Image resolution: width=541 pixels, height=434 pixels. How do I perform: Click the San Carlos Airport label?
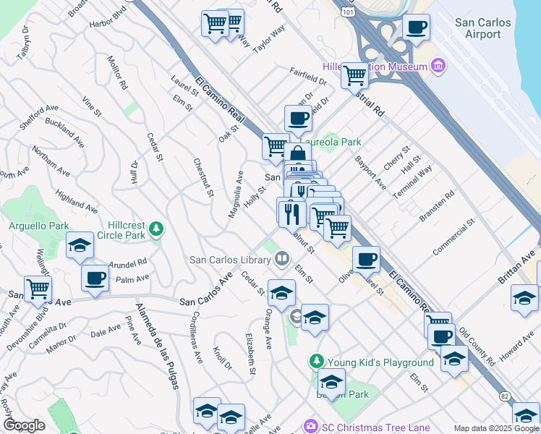click(x=482, y=28)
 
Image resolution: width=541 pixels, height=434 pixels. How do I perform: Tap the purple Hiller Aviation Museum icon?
click(x=438, y=67)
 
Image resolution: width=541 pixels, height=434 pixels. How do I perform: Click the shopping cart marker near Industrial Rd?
click(x=354, y=74)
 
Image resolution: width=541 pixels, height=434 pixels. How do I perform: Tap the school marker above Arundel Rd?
click(x=80, y=246)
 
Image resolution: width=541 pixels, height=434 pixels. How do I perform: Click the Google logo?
click(x=24, y=425)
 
